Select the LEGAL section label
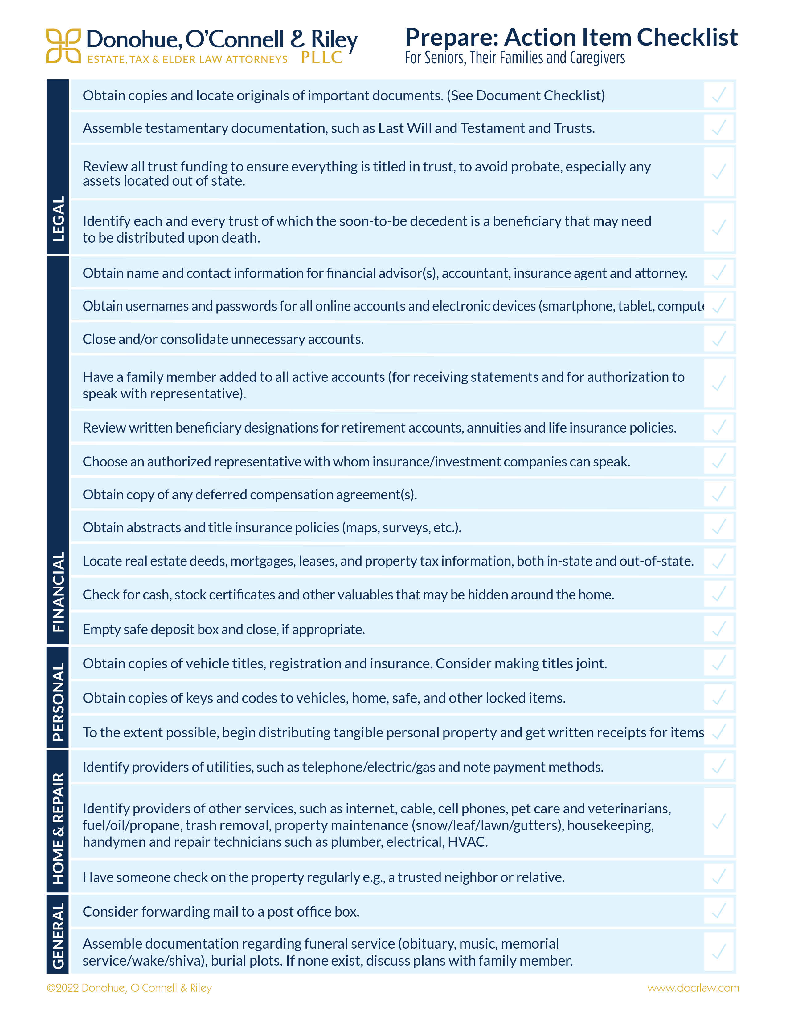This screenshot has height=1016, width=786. pos(58,219)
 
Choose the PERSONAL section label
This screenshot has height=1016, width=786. pos(58,702)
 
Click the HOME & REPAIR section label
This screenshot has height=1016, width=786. pos(58,828)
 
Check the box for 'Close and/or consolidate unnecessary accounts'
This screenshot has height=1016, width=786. pos(719,339)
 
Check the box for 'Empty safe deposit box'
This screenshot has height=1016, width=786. pos(719,629)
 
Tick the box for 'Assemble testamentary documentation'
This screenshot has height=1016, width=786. pos(719,127)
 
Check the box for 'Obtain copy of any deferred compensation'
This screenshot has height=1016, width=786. pos(719,494)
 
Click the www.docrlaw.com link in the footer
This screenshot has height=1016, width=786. pos(693,988)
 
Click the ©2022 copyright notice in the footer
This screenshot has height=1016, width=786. pos(129,988)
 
